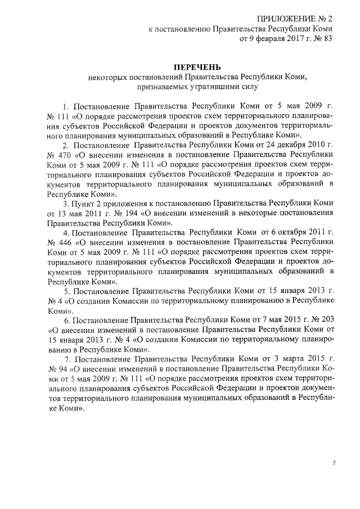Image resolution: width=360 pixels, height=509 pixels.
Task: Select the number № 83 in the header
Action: click(321, 39)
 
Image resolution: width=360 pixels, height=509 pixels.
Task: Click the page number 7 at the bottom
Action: click(334, 463)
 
